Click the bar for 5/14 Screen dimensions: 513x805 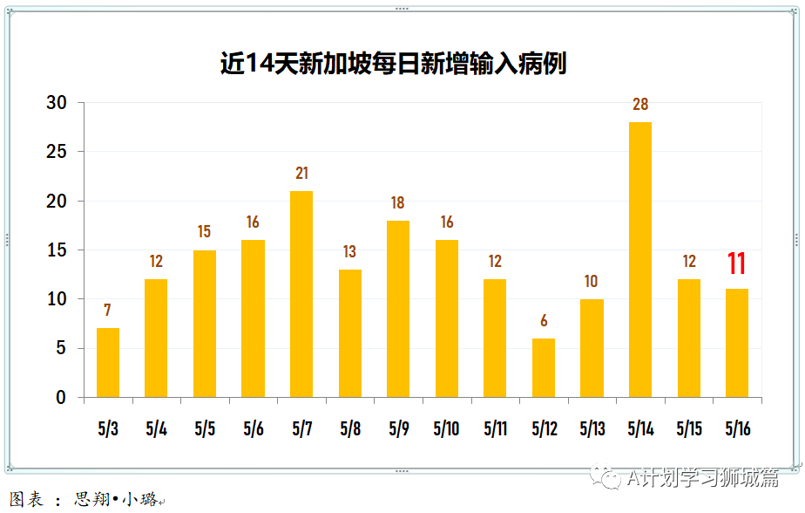point(639,260)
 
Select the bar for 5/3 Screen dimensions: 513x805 point(108,363)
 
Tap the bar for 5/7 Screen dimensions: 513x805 point(301,294)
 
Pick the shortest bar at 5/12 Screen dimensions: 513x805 point(543,368)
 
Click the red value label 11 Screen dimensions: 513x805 point(737,263)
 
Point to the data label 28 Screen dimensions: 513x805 point(640,105)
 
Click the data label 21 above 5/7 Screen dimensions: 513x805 point(301,174)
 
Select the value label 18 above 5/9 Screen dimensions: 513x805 point(397,203)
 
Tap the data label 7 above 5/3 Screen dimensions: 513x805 point(107,311)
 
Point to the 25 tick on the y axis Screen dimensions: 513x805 point(57,152)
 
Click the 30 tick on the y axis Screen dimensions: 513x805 point(57,103)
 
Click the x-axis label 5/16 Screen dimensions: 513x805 point(737,429)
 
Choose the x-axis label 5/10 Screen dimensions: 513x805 point(446,429)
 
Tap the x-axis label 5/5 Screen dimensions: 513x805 point(205,429)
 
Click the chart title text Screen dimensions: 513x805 point(393,64)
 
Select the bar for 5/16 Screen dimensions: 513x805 point(737,343)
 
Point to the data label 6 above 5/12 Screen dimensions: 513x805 point(544,321)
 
